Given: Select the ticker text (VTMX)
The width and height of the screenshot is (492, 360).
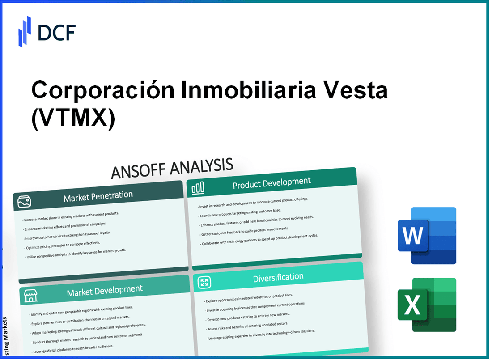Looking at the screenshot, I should pos(73,118).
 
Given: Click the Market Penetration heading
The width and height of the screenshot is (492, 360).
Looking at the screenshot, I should pos(98,196).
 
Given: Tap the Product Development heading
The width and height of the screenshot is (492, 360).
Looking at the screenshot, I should pos(271,183).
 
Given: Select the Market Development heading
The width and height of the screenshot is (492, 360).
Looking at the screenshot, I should pos(105,291).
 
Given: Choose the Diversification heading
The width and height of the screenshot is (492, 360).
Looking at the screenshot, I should pos(278,278).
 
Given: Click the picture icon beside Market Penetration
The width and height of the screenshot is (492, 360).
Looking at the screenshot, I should pos(25,202).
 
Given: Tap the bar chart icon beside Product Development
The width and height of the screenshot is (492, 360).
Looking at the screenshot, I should pos(198,189).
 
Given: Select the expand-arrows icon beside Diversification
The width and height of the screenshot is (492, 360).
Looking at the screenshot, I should pos(204,282).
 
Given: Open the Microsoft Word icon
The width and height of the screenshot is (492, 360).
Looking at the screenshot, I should pos(427,236).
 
